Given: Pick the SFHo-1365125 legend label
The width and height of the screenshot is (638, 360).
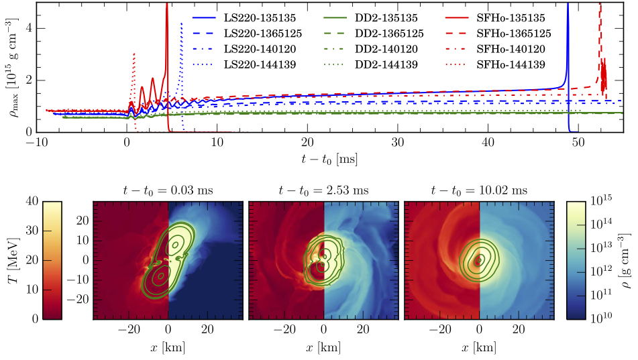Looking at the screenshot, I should click(514, 32).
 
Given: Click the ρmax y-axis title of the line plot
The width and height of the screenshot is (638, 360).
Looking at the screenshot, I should click(11, 67).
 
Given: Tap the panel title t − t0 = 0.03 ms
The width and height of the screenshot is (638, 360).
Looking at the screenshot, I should click(168, 190).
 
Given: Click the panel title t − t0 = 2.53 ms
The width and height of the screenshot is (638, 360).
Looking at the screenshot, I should click(323, 190).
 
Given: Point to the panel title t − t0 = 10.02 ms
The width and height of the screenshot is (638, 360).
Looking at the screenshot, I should click(479, 190).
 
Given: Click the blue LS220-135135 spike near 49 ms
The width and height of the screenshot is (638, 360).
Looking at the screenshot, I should click(568, 40).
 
